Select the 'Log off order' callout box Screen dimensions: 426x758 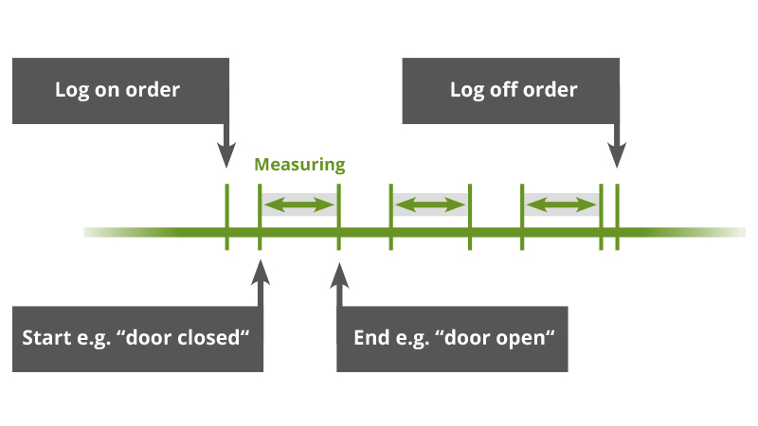coord(513,91)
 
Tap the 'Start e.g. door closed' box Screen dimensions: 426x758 coord(138,338)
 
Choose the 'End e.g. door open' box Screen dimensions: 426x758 coord(453,338)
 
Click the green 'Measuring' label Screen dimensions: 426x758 coord(299,165)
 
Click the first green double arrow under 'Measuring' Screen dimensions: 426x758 coord(299,204)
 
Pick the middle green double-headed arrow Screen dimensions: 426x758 coord(430,204)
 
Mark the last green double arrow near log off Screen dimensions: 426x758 coord(562,204)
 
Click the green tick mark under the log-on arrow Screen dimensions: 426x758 coord(226,217)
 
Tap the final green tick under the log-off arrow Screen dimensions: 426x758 coord(617,217)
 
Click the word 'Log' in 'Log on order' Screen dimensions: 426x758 coord(72,91)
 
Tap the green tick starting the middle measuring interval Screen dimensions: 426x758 coord(390,217)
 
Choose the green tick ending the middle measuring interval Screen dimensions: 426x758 coord(470,217)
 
